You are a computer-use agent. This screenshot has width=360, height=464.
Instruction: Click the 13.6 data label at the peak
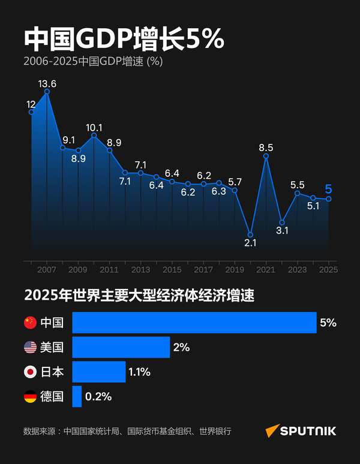pyautogui.click(x=47, y=83)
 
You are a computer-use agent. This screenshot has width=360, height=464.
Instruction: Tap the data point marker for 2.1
pyautogui.click(x=251, y=234)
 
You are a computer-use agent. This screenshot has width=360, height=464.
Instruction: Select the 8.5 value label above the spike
pyautogui.click(x=266, y=147)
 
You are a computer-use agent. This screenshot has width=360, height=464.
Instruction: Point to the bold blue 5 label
pyautogui.click(x=328, y=189)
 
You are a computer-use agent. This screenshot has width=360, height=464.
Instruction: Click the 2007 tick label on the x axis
pyautogui.click(x=47, y=270)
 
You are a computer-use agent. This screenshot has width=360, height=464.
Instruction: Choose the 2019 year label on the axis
pyautogui.click(x=235, y=270)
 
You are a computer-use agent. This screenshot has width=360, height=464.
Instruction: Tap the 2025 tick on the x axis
pyautogui.click(x=328, y=270)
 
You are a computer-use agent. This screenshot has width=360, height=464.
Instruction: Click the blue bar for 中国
pyautogui.click(x=194, y=323)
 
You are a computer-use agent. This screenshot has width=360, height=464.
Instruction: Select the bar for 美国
pyautogui.click(x=121, y=347)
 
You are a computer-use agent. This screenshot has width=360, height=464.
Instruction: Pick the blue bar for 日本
pyautogui.click(x=99, y=372)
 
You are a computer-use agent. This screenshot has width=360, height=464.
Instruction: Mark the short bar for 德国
pyautogui.click(x=77, y=396)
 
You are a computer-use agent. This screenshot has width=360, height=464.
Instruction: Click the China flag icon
pyautogui.click(x=30, y=323)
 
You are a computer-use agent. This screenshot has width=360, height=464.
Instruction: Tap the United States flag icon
pyautogui.click(x=30, y=347)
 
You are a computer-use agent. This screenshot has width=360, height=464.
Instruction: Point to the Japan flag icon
pyautogui.click(x=30, y=372)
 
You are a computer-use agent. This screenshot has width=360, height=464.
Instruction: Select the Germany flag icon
pyautogui.click(x=30, y=396)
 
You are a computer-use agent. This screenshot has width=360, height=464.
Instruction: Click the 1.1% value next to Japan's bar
pyautogui.click(x=139, y=372)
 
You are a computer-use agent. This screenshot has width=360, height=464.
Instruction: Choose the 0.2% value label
pyautogui.click(x=98, y=396)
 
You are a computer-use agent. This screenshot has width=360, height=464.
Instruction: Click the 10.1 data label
pyautogui.click(x=94, y=127)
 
